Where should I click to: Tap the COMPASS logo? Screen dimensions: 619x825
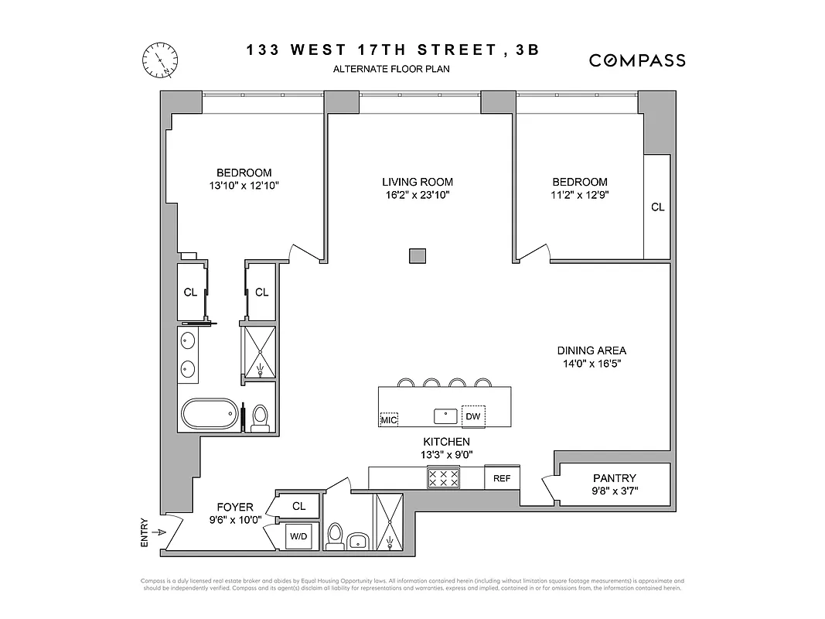point(637,60)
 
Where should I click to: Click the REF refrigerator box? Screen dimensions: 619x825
point(502,478)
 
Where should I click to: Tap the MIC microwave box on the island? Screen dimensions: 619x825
point(389,419)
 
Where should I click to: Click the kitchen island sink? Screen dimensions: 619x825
point(446,416)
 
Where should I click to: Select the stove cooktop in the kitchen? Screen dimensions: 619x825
point(444,478)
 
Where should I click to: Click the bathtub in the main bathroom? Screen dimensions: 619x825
point(210,413)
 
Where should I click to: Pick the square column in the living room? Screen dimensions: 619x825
point(418,255)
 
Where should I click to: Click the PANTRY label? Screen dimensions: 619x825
point(615,478)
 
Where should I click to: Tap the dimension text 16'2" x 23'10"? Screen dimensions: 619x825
point(416,196)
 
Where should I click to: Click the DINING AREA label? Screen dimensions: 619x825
point(591,351)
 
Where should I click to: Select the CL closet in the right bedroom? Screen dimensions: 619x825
point(657,207)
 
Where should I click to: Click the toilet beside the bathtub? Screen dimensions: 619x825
point(260,416)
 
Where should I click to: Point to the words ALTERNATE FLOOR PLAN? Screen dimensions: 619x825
point(391,69)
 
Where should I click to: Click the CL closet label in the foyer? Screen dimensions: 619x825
point(298,506)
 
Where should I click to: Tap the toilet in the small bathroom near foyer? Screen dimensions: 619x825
point(335,535)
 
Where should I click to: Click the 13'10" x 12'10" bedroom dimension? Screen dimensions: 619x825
point(244,186)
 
